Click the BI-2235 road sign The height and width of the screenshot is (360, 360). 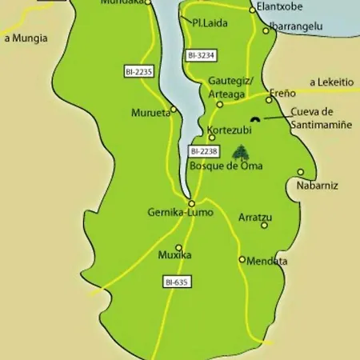click(138, 72)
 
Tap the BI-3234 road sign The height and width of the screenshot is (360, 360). click(202, 55)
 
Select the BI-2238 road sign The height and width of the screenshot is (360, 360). click(203, 151)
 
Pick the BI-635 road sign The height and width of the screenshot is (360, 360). click(177, 282)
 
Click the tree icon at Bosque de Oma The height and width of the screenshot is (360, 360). click(239, 152)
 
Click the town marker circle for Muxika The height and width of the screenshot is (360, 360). click(178, 247)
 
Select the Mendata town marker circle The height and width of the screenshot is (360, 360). click(242, 259)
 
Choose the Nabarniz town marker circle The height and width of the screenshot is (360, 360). click(301, 172)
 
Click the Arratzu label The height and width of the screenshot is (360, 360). click(255, 217)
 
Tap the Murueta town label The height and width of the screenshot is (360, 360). click(150, 113)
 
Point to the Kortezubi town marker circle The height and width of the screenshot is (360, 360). click(212, 138)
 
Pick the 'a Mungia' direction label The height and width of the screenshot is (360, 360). click(26, 38)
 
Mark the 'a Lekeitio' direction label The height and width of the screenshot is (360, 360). click(333, 82)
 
